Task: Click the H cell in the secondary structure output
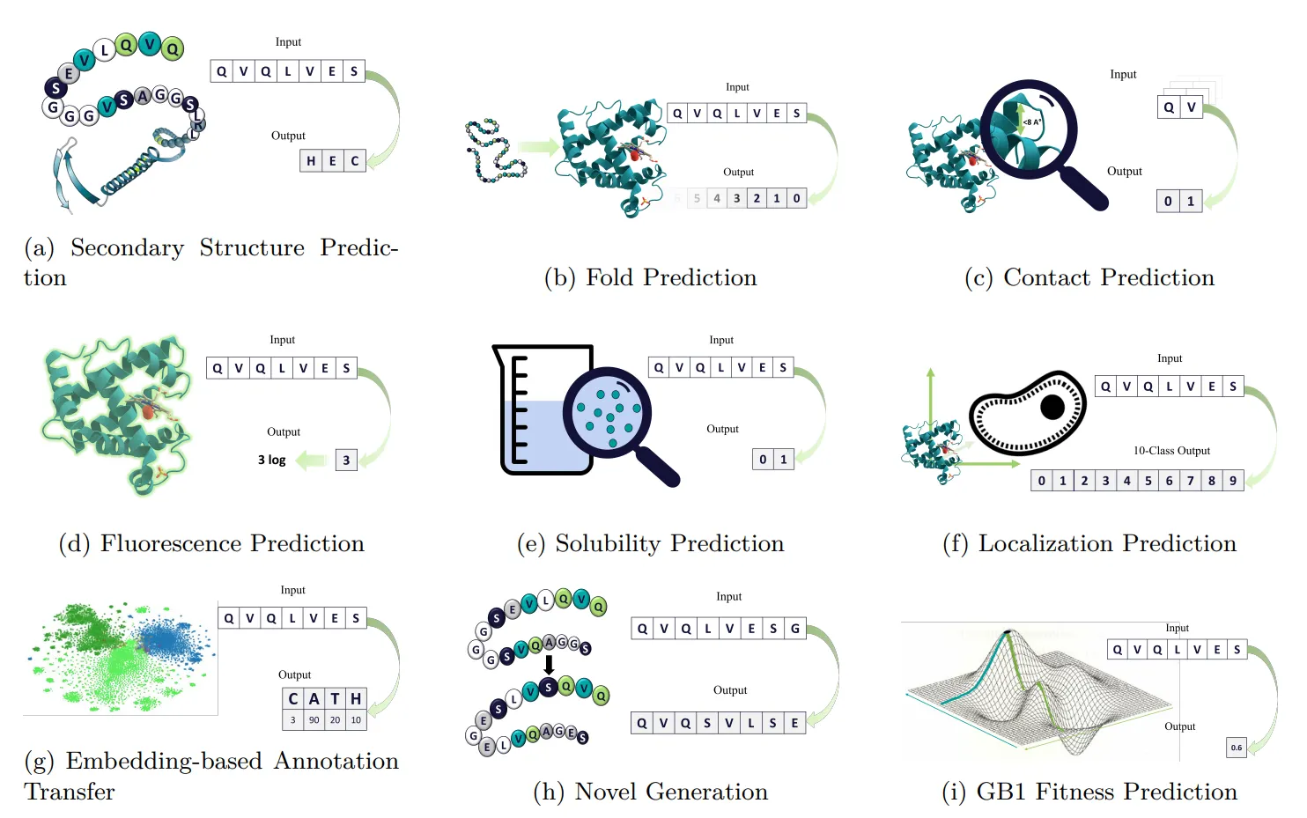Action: (x=311, y=161)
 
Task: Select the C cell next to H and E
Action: (x=355, y=161)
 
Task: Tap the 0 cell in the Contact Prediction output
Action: (x=1168, y=202)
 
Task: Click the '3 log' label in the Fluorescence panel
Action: (x=271, y=460)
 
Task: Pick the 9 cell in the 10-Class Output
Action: (x=1233, y=481)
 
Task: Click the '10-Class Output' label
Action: (x=1171, y=451)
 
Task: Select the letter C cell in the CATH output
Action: (x=293, y=699)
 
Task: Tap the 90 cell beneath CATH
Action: (x=314, y=720)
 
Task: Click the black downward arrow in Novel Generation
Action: (x=549, y=664)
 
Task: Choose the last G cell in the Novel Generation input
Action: (x=795, y=629)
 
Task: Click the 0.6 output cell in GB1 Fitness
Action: (x=1237, y=748)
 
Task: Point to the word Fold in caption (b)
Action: (x=609, y=277)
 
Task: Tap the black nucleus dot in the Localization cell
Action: (x=1052, y=407)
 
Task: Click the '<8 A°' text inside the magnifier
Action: (x=1032, y=122)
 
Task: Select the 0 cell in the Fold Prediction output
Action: (x=796, y=198)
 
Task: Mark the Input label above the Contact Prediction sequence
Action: (x=1123, y=75)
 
